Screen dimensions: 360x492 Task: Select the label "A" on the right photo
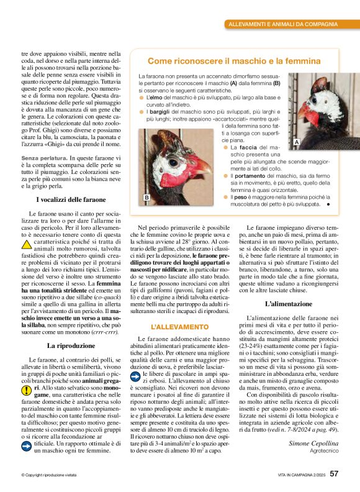point(297,143)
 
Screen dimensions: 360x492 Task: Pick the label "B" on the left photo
point(146,197)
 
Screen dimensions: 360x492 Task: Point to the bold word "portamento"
point(250,177)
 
